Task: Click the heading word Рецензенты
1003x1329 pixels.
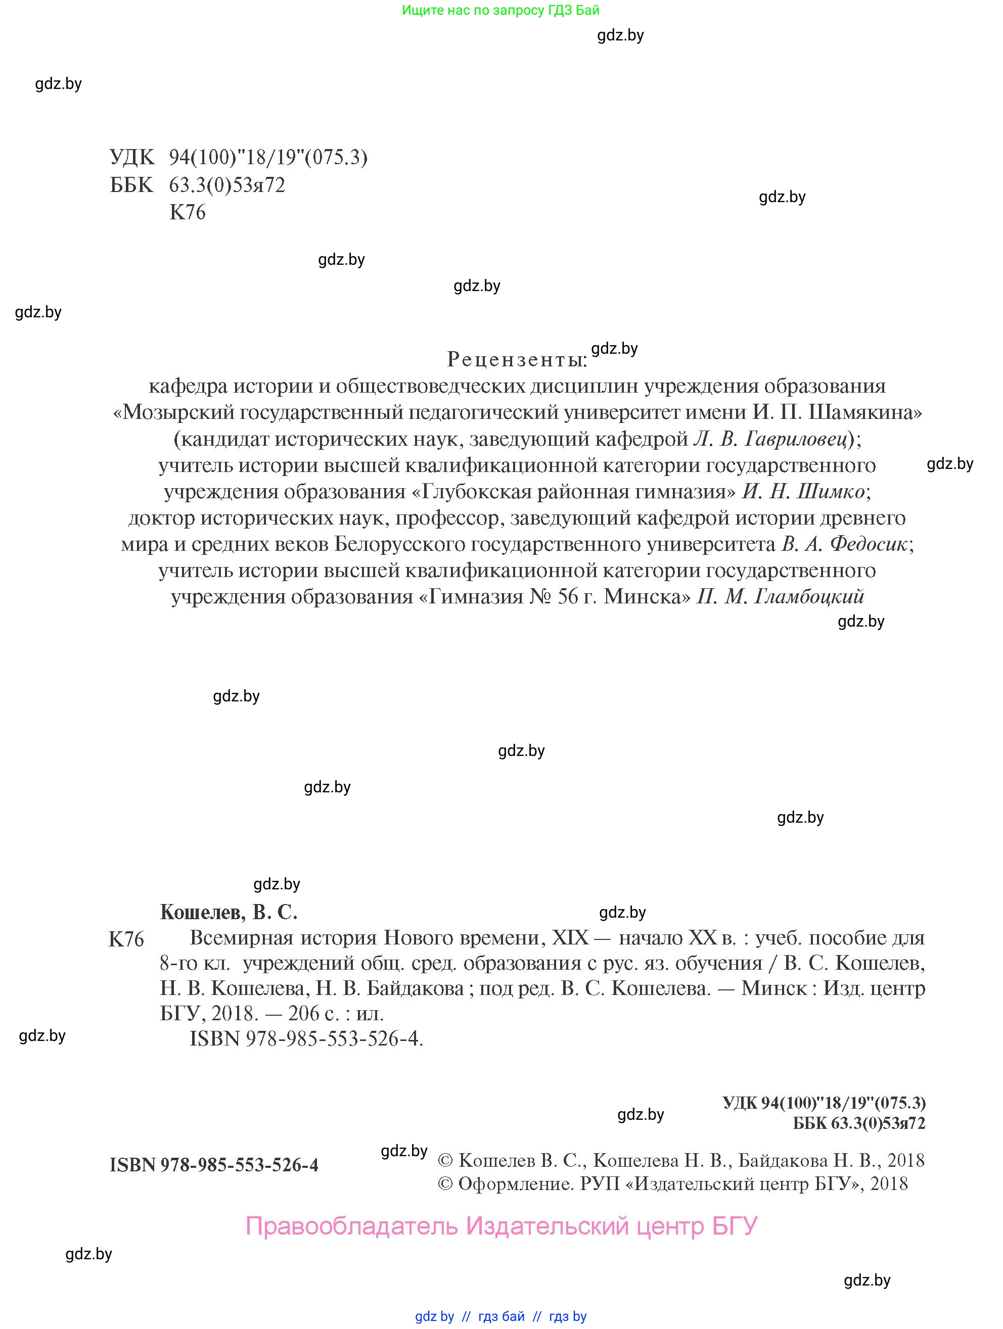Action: [x=516, y=360]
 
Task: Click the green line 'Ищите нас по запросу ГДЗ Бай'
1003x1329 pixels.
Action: [x=500, y=10]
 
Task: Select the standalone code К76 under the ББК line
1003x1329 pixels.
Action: [x=188, y=212]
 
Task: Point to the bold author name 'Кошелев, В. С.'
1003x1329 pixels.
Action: [x=229, y=912]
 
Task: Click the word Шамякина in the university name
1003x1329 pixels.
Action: [x=865, y=413]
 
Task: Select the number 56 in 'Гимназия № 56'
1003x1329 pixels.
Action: [x=568, y=597]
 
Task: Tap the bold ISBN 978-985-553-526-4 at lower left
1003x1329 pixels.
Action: [x=214, y=1165]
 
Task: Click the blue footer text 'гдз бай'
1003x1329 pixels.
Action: [x=501, y=1316]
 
